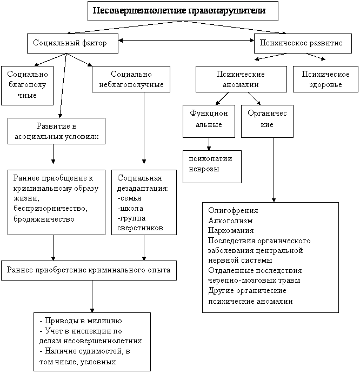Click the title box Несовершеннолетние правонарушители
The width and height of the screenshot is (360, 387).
tap(183, 11)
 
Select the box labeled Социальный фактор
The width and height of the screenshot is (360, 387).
tap(72, 43)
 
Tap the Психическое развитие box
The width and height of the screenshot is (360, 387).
tap(303, 43)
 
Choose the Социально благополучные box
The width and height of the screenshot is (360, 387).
tap(27, 85)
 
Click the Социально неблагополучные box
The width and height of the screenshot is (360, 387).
tap(131, 79)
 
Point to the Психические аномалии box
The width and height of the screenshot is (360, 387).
tap(241, 79)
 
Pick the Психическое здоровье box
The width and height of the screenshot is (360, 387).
tap(325, 79)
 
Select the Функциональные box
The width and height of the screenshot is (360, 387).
tap(209, 121)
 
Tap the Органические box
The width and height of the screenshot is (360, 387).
tap(267, 121)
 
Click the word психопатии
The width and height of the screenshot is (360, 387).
tap(210, 159)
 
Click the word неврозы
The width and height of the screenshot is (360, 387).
tap(204, 169)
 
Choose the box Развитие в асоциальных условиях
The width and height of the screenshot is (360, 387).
tap(56, 131)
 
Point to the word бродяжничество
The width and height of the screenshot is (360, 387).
tap(44, 219)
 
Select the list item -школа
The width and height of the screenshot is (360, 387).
tap(130, 209)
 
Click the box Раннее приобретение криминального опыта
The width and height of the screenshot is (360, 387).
tap(89, 270)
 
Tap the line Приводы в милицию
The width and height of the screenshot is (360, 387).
tap(81, 321)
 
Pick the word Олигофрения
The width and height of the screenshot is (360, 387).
tap(233, 211)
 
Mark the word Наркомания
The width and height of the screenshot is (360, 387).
tap(231, 230)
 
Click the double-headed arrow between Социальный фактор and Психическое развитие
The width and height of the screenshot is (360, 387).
tap(186, 40)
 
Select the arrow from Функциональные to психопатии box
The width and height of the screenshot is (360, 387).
tap(209, 144)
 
